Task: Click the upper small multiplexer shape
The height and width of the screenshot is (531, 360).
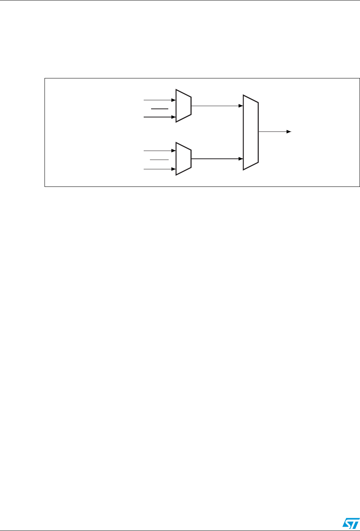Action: [x=184, y=106]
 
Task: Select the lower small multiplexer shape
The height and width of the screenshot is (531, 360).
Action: [x=184, y=158]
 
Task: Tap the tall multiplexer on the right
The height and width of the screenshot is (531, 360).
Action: [x=251, y=132]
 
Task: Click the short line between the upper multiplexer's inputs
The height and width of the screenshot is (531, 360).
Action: [x=160, y=109]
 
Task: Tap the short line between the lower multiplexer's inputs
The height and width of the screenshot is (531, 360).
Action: [x=160, y=160]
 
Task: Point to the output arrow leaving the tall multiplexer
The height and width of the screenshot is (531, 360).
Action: [x=274, y=132]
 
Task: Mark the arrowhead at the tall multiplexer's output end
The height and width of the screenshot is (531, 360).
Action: [x=289, y=132]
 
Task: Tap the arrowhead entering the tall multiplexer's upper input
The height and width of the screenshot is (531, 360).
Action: [x=241, y=106]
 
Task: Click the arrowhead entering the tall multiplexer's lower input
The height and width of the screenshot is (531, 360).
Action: [x=241, y=159]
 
